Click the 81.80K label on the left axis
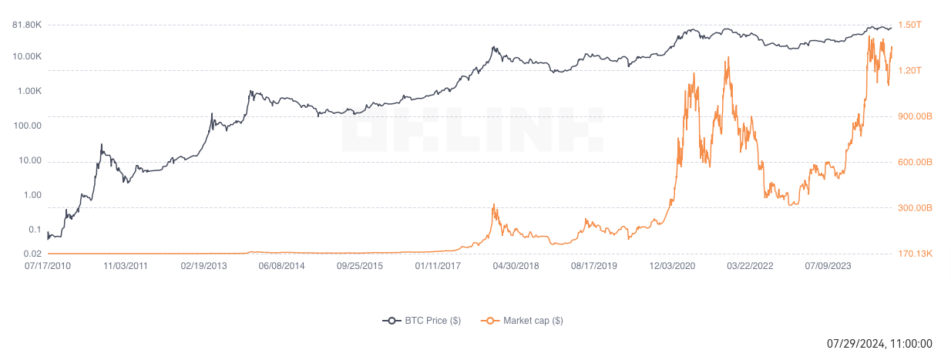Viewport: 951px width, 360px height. (26, 25)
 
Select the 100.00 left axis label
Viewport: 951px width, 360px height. (29, 126)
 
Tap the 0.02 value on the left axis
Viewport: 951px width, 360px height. (32, 254)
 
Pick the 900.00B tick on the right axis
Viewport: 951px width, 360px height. (916, 116)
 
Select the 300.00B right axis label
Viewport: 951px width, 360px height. (916, 208)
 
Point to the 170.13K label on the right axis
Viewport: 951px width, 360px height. (916, 254)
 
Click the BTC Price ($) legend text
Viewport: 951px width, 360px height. (432, 321)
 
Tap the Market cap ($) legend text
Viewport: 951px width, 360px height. (533, 321)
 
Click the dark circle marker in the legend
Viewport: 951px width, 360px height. (392, 321)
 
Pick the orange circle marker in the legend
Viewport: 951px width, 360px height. (489, 321)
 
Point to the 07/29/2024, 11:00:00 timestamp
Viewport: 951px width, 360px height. (879, 344)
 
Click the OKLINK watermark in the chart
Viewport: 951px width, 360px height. (472, 129)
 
